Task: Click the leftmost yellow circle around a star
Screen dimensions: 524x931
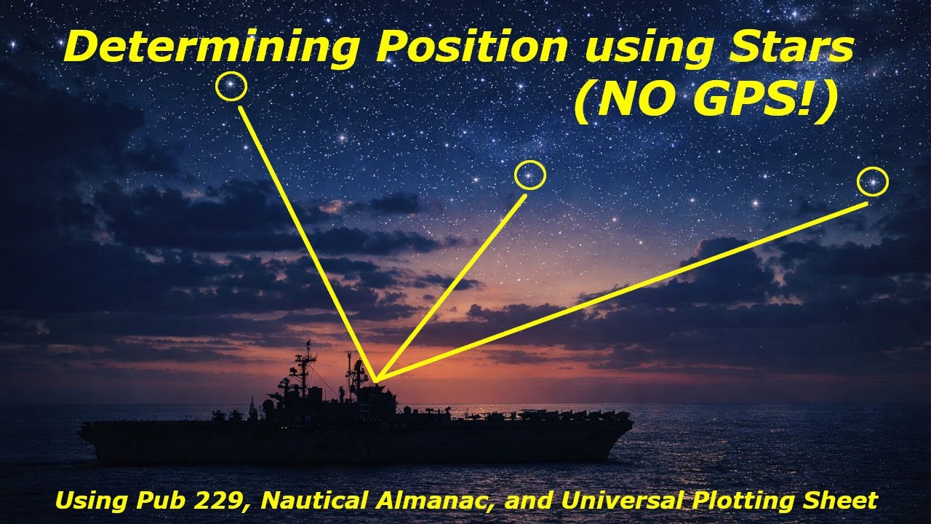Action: point(231,87)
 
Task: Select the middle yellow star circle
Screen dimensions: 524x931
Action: point(530,175)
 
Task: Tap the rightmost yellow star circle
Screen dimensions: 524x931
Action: point(872,181)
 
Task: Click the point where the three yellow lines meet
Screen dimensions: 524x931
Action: point(376,381)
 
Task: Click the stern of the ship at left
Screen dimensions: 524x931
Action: point(84,429)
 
